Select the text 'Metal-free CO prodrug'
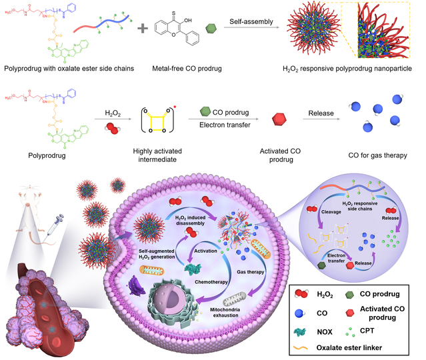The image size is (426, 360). click(x=186, y=67)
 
